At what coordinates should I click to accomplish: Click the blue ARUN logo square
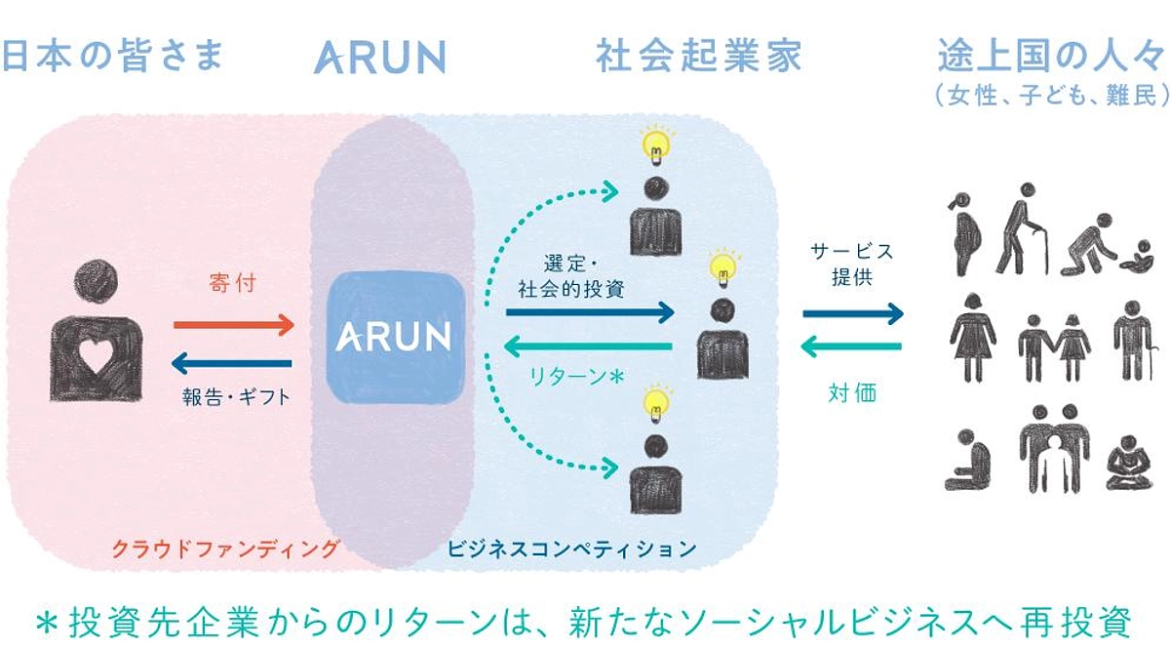point(394,338)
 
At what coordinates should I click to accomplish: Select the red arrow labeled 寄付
point(233,323)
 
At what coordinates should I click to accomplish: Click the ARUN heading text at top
point(379,58)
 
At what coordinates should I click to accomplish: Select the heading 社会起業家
point(698,56)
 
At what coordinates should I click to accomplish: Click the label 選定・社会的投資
point(585,277)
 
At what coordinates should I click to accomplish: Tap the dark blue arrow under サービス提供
point(853,313)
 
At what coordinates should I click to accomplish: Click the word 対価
point(852,393)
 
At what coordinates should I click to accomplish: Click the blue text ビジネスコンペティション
point(572,549)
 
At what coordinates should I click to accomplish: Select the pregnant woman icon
point(966,232)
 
